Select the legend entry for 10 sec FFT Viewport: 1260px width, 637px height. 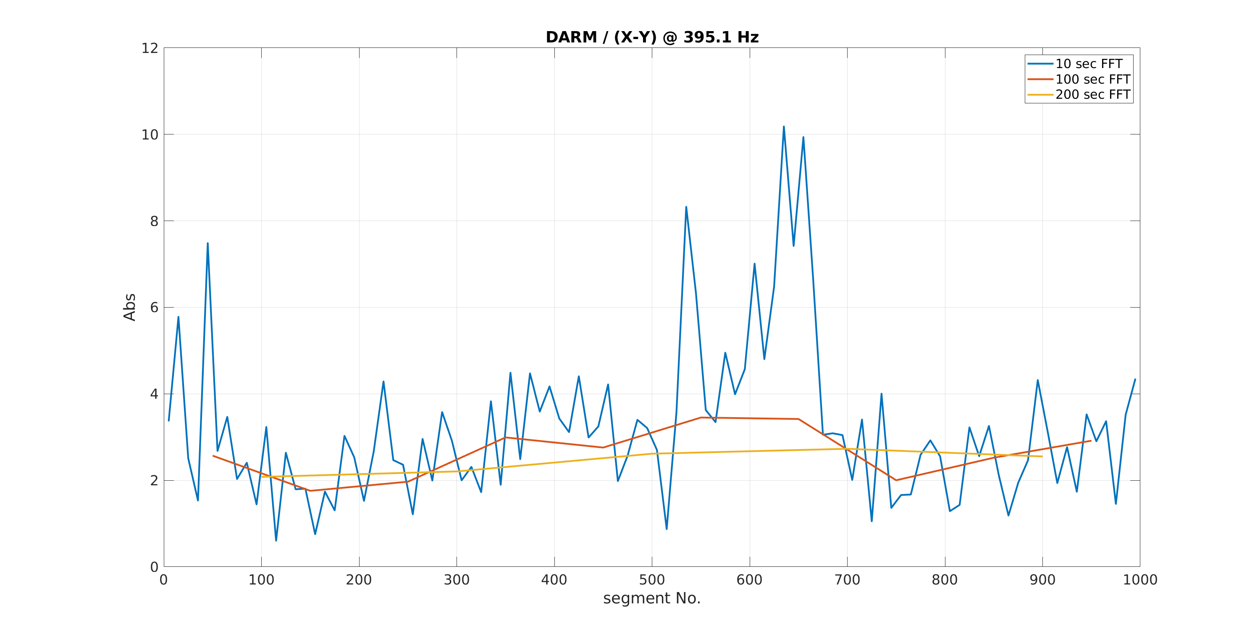1088,63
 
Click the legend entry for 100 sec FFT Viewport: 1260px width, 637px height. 1092,79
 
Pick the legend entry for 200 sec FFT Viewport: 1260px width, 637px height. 1092,95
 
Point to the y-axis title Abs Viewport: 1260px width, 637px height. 129,307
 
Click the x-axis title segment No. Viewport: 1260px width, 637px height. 651,598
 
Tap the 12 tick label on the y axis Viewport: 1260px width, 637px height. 150,48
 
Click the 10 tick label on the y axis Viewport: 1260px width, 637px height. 150,134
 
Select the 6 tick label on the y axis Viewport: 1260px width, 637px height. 154,307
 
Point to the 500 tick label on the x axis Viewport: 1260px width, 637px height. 651,580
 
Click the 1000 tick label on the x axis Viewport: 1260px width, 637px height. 1140,580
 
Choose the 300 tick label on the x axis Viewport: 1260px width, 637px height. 457,580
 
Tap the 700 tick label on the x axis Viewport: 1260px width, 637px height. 847,580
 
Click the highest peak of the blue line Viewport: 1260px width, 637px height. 784,127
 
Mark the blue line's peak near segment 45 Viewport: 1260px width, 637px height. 207,243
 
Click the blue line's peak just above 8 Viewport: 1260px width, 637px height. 686,207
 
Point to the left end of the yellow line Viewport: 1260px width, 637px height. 262,476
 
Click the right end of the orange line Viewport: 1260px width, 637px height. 1091,441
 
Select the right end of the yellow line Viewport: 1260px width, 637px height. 1042,456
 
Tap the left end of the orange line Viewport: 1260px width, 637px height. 213,456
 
